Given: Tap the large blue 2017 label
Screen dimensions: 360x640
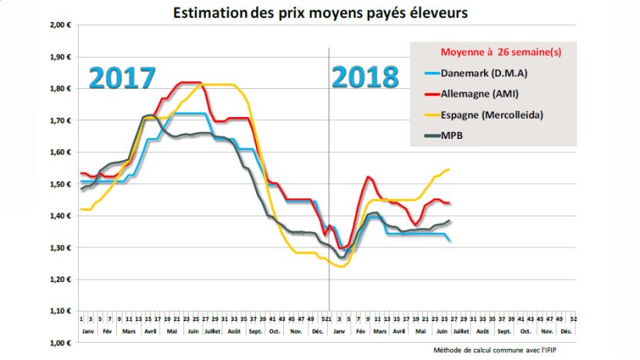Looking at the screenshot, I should pos(122,79).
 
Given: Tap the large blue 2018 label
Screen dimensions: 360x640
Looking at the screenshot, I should pos(364,77).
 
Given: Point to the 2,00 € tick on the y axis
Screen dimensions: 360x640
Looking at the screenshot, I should pos(60,25).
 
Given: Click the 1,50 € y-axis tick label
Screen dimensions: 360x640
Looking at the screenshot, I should pos(60,184).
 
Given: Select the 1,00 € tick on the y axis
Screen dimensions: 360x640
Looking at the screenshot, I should pos(60,343).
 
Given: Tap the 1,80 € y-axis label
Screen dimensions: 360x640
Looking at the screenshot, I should pos(60,89).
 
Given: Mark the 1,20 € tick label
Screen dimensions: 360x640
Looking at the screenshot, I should pos(60,280).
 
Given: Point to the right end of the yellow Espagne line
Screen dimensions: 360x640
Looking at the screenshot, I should pos(450,169).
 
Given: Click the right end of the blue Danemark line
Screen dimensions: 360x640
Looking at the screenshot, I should pos(450,241).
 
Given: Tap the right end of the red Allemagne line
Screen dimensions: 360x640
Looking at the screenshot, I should pos(450,203).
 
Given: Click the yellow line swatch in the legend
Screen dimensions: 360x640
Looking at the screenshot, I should pos(433,116).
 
